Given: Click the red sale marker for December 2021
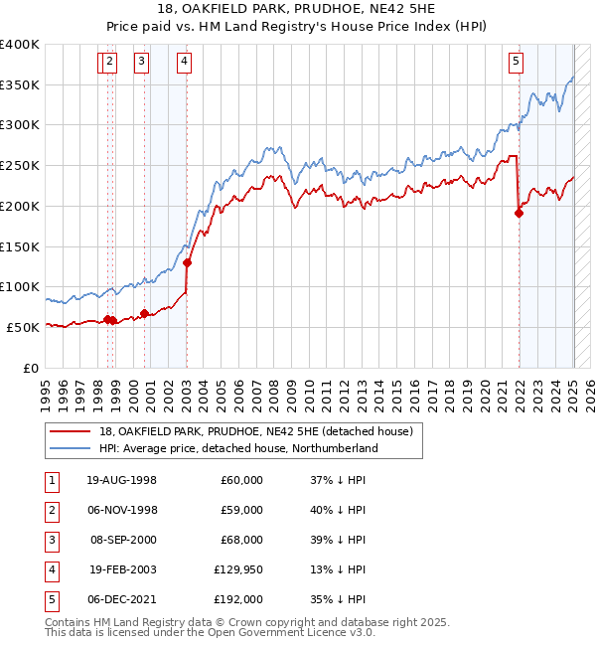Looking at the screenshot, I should click(519, 212).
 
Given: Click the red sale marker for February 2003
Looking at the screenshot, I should click(188, 262).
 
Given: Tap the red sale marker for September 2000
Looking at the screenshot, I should click(145, 313).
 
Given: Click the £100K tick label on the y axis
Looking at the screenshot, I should click(20, 286).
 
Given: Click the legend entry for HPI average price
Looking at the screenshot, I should click(238, 449).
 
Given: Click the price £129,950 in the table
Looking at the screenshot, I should click(237, 569).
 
